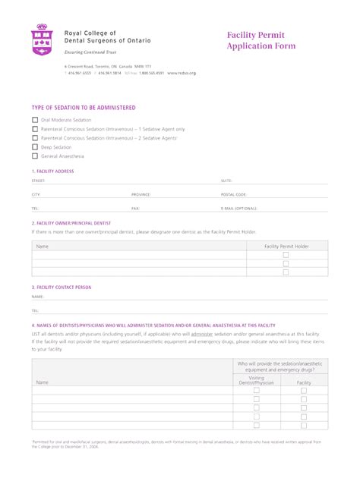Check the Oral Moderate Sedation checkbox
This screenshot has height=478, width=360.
pos(35,120)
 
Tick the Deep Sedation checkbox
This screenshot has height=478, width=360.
pos(35,147)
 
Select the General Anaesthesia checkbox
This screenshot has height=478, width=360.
pos(35,156)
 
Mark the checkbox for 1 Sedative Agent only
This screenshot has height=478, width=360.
pos(35,129)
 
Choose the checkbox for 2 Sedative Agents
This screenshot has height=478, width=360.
pos(35,138)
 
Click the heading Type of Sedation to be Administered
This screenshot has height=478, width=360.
pos(84,108)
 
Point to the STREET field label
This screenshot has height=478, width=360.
pos(38,181)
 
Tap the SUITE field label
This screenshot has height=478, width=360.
pos(226,181)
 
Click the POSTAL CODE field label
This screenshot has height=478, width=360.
pos(234,194)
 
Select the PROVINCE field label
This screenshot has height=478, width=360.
pos(141,194)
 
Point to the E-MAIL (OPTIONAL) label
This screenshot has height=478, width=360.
pos(239,207)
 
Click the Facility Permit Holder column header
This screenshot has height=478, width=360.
pos(286,247)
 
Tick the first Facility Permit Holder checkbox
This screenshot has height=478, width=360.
pos(286,256)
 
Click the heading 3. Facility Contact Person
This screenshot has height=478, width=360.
pos(62,288)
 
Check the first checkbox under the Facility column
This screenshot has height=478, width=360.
pos(304,391)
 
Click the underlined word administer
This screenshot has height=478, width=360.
pos(201,333)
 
